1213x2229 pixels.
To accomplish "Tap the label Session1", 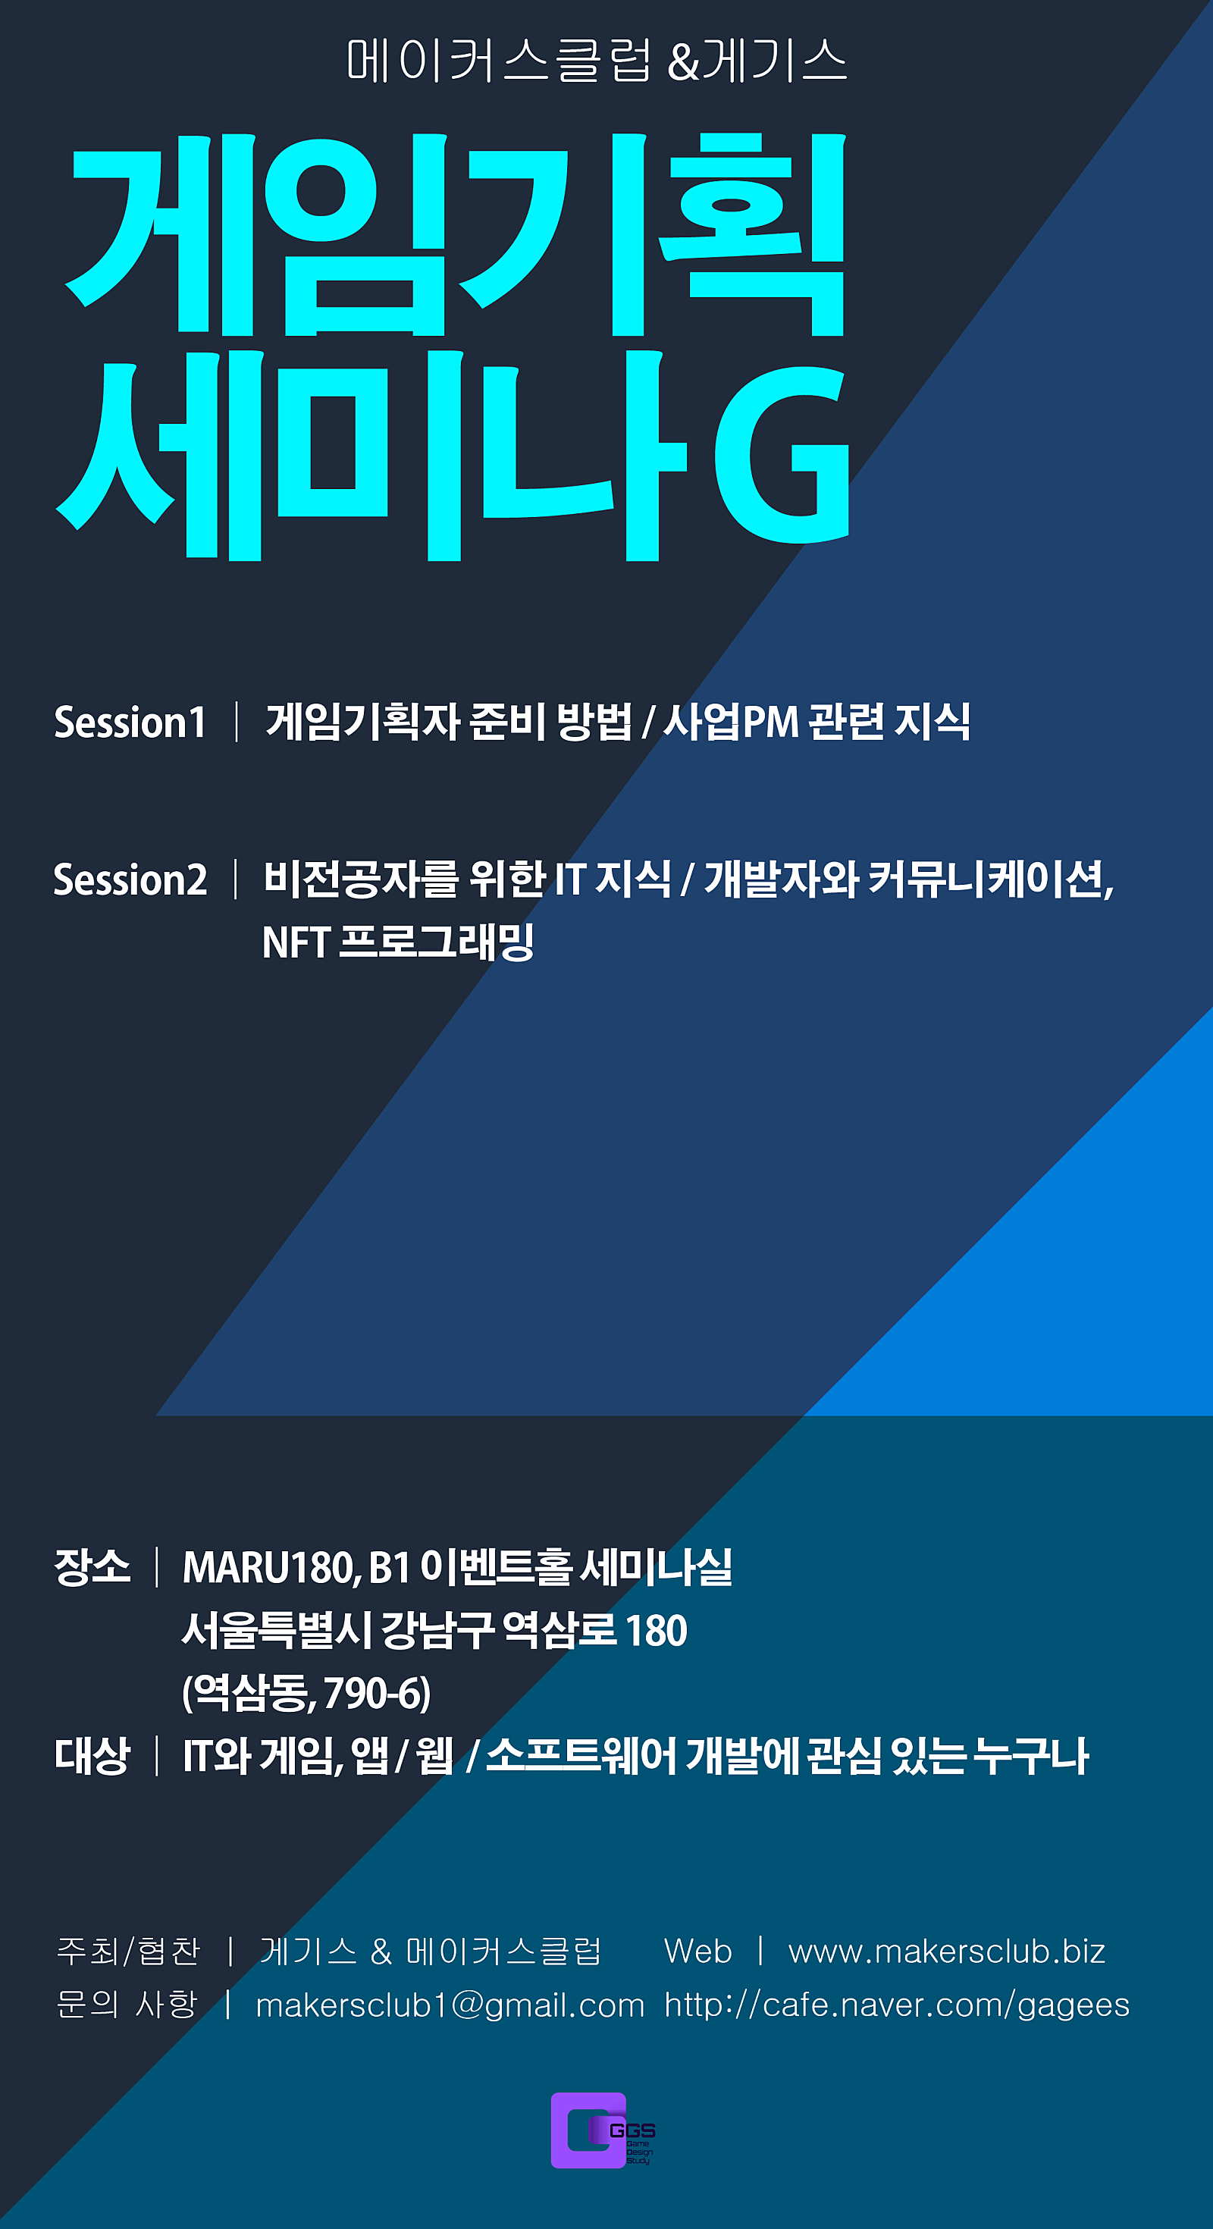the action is [x=130, y=723].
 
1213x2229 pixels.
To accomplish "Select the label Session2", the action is [x=130, y=880].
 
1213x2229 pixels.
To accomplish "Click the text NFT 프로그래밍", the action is [x=397, y=942].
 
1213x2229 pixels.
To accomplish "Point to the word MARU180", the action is [x=271, y=1567].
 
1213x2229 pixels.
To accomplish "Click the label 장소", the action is [x=92, y=1566].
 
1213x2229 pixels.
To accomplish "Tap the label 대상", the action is [x=92, y=1756].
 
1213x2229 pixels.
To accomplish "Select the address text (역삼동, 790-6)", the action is [x=306, y=1694].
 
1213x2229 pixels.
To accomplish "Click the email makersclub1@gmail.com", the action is [x=450, y=2005].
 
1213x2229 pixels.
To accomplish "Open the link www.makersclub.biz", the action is [x=947, y=1952].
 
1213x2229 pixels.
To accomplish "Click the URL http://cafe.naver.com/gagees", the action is [x=896, y=2005].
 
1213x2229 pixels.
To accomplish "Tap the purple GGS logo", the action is [x=603, y=2130].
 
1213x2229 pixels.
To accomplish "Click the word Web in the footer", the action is [x=697, y=1952].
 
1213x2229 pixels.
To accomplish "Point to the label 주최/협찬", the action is [x=128, y=1952].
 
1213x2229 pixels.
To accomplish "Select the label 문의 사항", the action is [x=127, y=2004].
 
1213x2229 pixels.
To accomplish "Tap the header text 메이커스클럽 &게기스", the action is [x=596, y=61].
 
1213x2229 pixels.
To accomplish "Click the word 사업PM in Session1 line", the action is [x=731, y=722].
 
